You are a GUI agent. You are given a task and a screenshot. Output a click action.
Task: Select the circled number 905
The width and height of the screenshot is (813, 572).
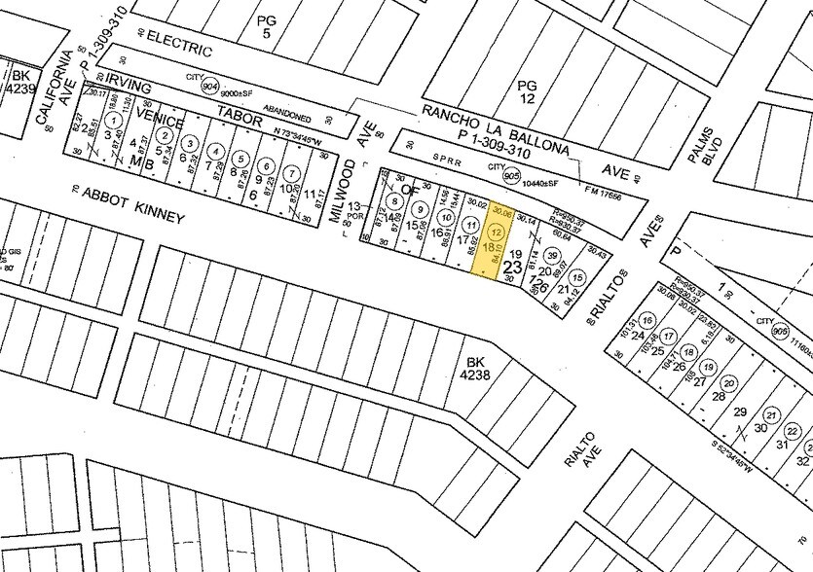[510, 176]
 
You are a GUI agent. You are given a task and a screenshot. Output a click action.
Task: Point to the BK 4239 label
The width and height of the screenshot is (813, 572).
[18, 80]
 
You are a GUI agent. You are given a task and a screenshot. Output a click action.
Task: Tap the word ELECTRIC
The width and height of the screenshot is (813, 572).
[176, 44]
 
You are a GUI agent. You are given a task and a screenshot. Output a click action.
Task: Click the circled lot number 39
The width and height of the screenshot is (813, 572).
[552, 256]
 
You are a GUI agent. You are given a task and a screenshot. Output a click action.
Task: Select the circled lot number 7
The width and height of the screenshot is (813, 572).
[290, 172]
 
